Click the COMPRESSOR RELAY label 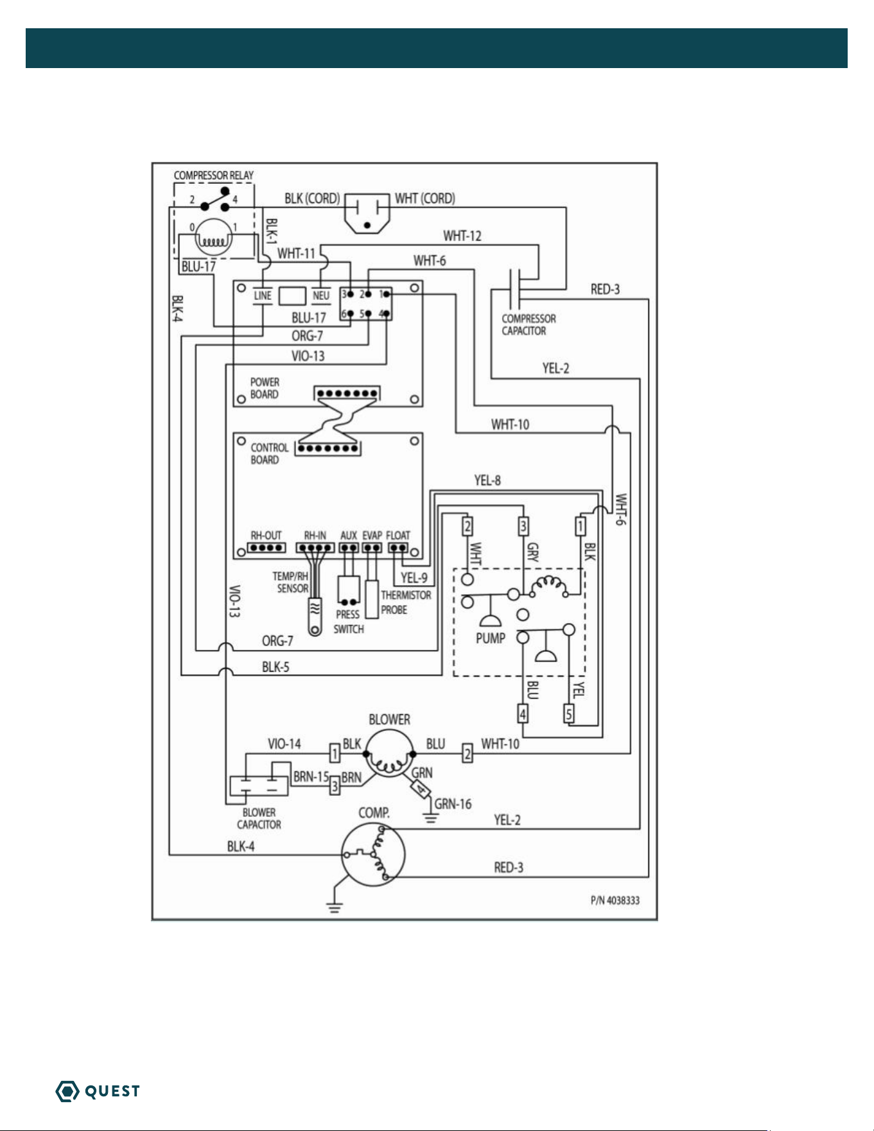coord(214,175)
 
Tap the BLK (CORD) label coord(312,198)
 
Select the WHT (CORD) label coord(425,198)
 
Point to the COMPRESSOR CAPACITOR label coord(529,325)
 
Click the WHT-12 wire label coord(462,236)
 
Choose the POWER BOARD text coord(265,388)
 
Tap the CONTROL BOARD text coord(270,453)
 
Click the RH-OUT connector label coord(266,535)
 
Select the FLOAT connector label coord(398,535)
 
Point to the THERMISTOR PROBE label coord(406,602)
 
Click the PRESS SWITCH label coord(349,622)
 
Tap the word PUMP coord(491,638)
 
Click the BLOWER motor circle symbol coord(389,753)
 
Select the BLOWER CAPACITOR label coord(259,819)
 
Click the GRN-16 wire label coord(453,804)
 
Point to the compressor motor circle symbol coord(373,855)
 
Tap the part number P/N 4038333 coord(615,900)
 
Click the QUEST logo coord(98,1091)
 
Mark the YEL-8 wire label coord(487,480)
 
